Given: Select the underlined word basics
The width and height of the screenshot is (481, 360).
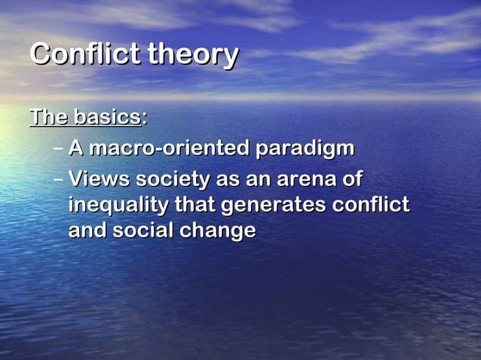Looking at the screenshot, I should point(106,117).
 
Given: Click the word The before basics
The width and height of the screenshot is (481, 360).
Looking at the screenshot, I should point(49,117).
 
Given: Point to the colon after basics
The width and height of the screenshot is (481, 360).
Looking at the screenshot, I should point(144,119).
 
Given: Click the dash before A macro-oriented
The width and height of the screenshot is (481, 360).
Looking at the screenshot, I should point(59,148).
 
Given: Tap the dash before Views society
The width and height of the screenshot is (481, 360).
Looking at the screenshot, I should point(59,181).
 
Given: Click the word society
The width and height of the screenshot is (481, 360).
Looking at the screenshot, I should point(173,182).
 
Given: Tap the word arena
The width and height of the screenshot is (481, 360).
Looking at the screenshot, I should point(293,181).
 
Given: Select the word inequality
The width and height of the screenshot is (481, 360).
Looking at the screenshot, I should point(118,206).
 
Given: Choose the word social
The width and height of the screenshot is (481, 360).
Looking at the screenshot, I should point(143,230).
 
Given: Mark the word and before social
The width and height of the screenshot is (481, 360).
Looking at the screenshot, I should point(87,230).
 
